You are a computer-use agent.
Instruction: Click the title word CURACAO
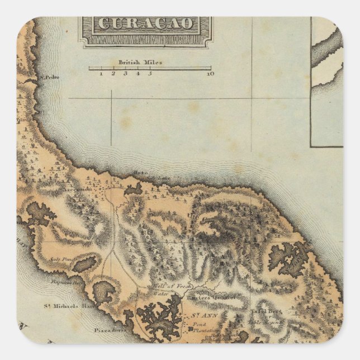148,23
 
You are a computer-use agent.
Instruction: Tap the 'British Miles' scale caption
140,63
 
